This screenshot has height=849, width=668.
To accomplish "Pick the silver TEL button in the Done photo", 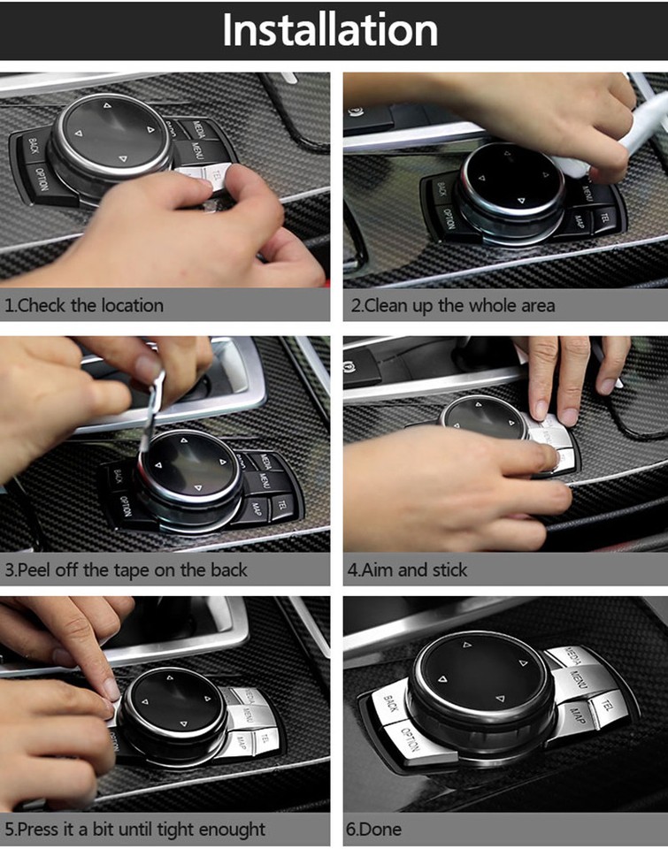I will pos(606,705).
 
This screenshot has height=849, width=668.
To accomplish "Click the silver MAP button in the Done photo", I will pos(576,715).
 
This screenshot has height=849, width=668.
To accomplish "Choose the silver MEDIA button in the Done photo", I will pos(571,659).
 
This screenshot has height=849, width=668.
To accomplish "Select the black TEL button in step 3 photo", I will pos(280,505).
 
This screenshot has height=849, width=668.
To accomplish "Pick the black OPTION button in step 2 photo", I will pos(449,218).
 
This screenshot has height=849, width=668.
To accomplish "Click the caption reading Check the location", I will pos(84,306).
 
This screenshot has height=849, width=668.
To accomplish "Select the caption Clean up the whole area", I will pos(451,306).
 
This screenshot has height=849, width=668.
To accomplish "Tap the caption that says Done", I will pos(373,830).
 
